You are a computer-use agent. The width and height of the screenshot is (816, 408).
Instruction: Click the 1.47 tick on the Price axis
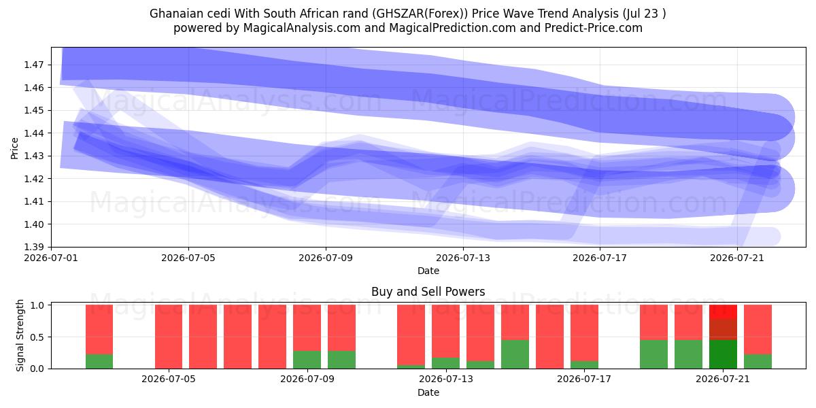[33, 65]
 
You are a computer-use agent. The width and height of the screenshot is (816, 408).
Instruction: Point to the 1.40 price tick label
[33, 224]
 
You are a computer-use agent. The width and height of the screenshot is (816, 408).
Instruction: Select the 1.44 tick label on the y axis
[33, 133]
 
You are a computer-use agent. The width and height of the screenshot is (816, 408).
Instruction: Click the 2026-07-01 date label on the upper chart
[51, 258]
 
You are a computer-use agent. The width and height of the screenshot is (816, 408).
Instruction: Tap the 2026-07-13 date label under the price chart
[463, 258]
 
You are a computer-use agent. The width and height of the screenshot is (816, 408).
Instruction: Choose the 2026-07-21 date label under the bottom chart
[723, 379]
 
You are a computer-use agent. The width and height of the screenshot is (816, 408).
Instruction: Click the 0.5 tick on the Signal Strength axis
[37, 337]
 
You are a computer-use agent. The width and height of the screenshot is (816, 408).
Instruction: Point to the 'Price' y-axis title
[14, 149]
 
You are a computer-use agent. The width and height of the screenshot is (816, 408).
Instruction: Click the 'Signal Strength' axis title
[20, 335]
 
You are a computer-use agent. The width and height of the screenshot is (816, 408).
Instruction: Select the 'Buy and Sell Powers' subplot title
[428, 292]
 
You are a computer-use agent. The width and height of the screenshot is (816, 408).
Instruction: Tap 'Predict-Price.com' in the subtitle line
[594, 28]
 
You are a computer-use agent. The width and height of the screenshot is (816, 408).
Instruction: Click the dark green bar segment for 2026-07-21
[723, 354]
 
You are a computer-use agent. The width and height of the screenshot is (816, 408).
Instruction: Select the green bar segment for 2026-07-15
[515, 354]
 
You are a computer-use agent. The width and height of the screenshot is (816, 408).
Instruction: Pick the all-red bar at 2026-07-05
[169, 337]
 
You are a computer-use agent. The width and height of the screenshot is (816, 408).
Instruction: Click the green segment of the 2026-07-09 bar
[307, 360]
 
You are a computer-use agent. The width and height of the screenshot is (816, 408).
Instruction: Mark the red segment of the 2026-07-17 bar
[584, 333]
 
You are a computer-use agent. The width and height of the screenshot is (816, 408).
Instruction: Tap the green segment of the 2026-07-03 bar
[99, 361]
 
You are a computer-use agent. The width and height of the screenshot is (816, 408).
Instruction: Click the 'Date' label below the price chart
[428, 271]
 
